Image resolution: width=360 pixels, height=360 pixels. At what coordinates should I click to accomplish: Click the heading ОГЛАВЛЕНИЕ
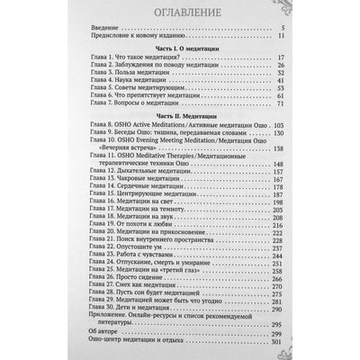[180, 15]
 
